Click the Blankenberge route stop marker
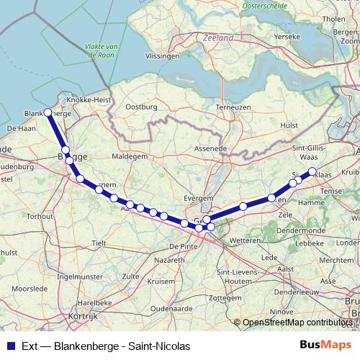tap(48, 113)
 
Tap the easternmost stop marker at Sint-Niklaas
tap(312, 171)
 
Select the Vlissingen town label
tap(162, 55)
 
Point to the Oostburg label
tap(141, 107)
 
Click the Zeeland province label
tap(218, 37)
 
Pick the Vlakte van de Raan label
tap(102, 50)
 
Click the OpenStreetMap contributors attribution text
tap(297, 323)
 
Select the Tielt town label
tap(99, 243)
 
